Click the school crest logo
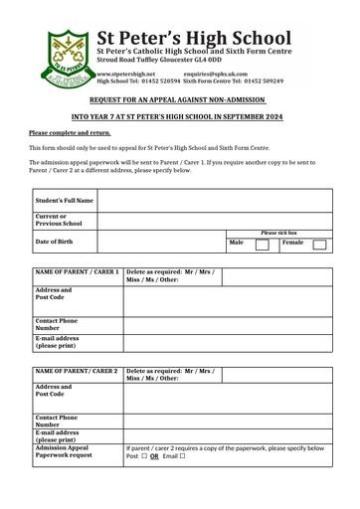pyautogui.click(x=68, y=58)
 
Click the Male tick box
pyautogui.click(x=262, y=244)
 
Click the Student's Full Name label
pyautogui.click(x=65, y=200)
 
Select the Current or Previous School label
pyautogui.click(x=59, y=220)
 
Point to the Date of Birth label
pyautogui.click(x=58, y=242)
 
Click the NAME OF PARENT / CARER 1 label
pyautogui.click(x=77, y=271)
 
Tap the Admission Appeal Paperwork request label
pyautogui.click(x=65, y=451)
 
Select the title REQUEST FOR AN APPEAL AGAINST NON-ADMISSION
pyautogui.click(x=178, y=101)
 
